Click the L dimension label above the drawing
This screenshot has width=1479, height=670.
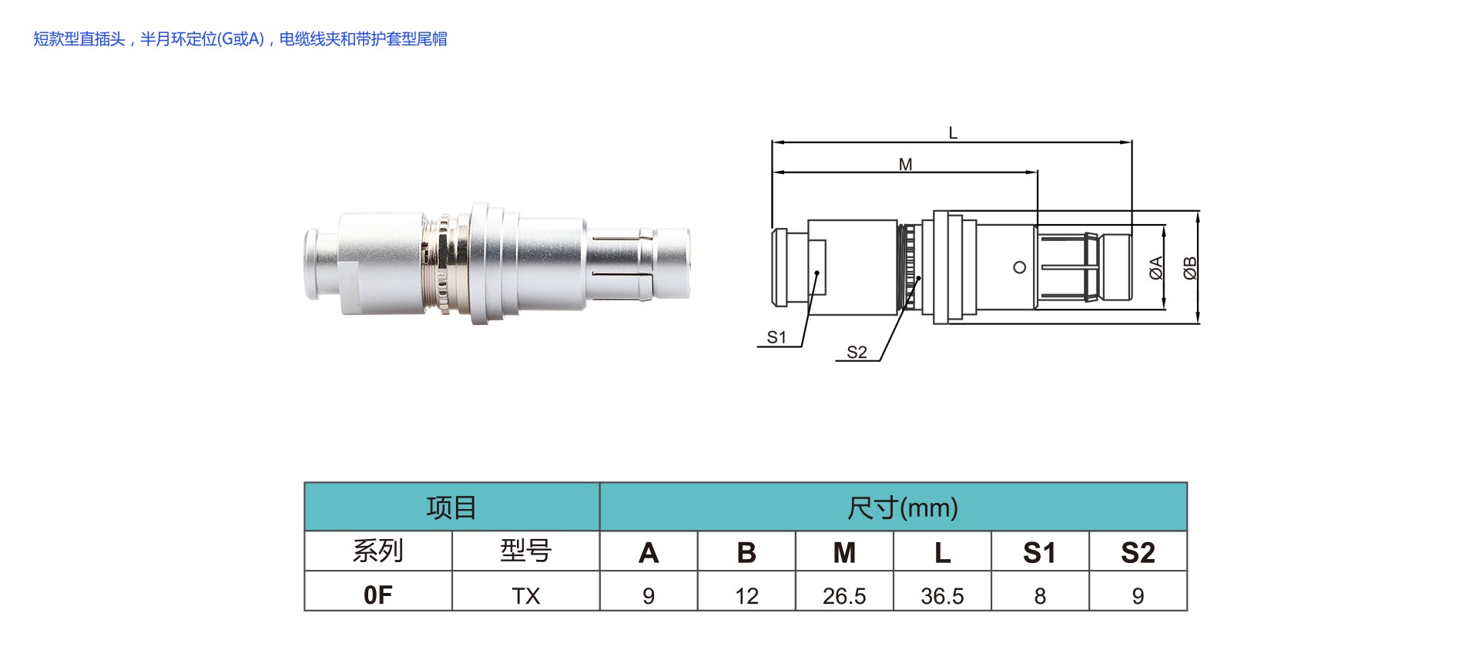pyautogui.click(x=953, y=133)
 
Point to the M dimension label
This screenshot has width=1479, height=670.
pyautogui.click(x=905, y=165)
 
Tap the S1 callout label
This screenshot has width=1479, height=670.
pyautogui.click(x=776, y=337)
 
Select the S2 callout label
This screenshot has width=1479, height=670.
pyautogui.click(x=857, y=353)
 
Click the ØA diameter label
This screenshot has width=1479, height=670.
pyautogui.click(x=1155, y=268)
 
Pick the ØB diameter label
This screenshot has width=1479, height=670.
pyautogui.click(x=1190, y=268)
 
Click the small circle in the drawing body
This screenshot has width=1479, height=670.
pyautogui.click(x=1019, y=267)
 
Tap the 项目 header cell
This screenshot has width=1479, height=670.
pyautogui.click(x=451, y=508)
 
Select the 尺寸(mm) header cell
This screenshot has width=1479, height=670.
pyautogui.click(x=894, y=508)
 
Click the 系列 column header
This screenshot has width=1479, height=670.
pyautogui.click(x=378, y=551)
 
